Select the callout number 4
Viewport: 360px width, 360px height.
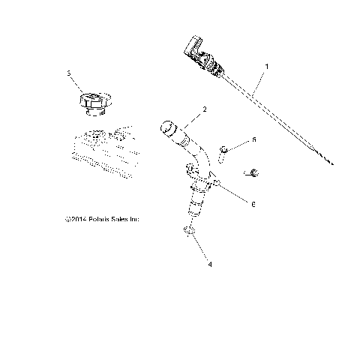click(x=209, y=264)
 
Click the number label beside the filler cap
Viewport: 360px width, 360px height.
click(x=69, y=74)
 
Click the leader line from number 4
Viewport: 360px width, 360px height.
click(x=200, y=252)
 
